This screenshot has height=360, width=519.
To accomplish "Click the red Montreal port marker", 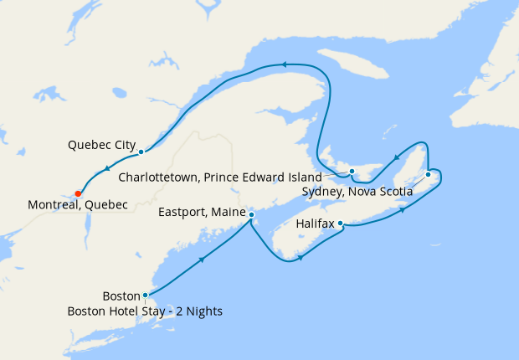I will pos(78,193).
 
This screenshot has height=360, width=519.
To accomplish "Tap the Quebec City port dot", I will pos(141,152).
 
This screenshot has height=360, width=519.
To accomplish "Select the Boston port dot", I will pos(146,295).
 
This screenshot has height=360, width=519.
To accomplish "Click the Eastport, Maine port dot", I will pos(252,215).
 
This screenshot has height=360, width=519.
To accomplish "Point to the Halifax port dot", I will pos(341,224).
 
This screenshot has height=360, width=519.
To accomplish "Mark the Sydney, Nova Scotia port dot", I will pos(428,174).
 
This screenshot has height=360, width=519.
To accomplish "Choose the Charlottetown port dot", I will pos(352,172).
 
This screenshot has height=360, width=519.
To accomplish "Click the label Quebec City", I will pos(101,145).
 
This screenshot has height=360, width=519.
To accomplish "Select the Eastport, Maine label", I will pos(202,213).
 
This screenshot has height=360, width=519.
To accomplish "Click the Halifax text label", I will pos(315,224).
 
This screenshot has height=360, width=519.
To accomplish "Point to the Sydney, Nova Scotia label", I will pos(357,192).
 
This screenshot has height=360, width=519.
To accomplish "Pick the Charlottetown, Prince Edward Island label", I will pos(220,177).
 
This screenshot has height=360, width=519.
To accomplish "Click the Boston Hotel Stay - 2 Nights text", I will pos(145,312).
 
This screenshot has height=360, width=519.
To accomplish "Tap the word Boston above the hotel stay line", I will pos(121,296).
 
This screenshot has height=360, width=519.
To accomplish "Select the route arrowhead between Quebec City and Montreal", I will pos(108,171).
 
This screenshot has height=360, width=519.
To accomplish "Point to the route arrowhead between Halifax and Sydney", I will pos(405,208).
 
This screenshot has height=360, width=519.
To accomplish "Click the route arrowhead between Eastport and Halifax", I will pos(299,260).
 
